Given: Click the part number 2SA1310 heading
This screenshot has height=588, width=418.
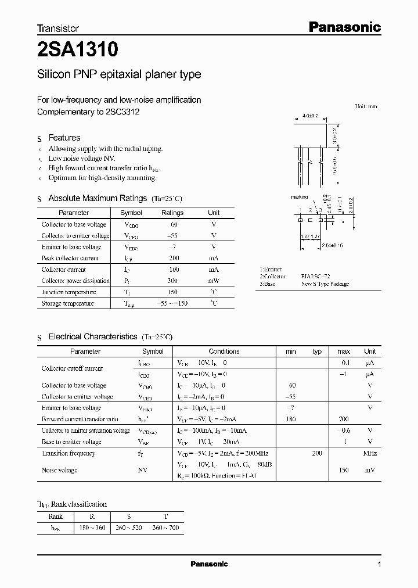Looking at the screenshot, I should point(78,51).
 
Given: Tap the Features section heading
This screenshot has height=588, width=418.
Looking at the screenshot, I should point(64,138).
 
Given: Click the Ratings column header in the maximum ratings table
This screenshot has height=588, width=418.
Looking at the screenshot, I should point(172,213).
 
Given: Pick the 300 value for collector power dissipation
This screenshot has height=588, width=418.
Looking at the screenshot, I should point(172,281).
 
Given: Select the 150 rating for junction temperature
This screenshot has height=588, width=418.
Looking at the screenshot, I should point(172,292).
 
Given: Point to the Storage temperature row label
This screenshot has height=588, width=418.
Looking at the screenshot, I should point(67,303).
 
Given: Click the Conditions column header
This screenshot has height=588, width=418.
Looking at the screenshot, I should point(224,351).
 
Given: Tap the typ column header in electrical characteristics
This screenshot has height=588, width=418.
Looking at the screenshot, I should point(317,351).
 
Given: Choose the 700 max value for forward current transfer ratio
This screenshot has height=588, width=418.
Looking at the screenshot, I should point(344,419).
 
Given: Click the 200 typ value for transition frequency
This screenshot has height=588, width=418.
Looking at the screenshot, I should point(317,453).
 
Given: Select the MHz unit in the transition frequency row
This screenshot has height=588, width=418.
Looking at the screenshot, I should point(370,453).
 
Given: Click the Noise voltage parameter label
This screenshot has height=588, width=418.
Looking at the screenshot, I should point(59,469).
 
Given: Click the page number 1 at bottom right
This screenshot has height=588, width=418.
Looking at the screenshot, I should point(379,564).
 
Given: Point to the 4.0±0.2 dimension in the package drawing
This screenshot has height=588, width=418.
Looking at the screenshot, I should point(311,116).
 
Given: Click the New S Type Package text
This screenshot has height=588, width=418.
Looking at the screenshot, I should point(325,284).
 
